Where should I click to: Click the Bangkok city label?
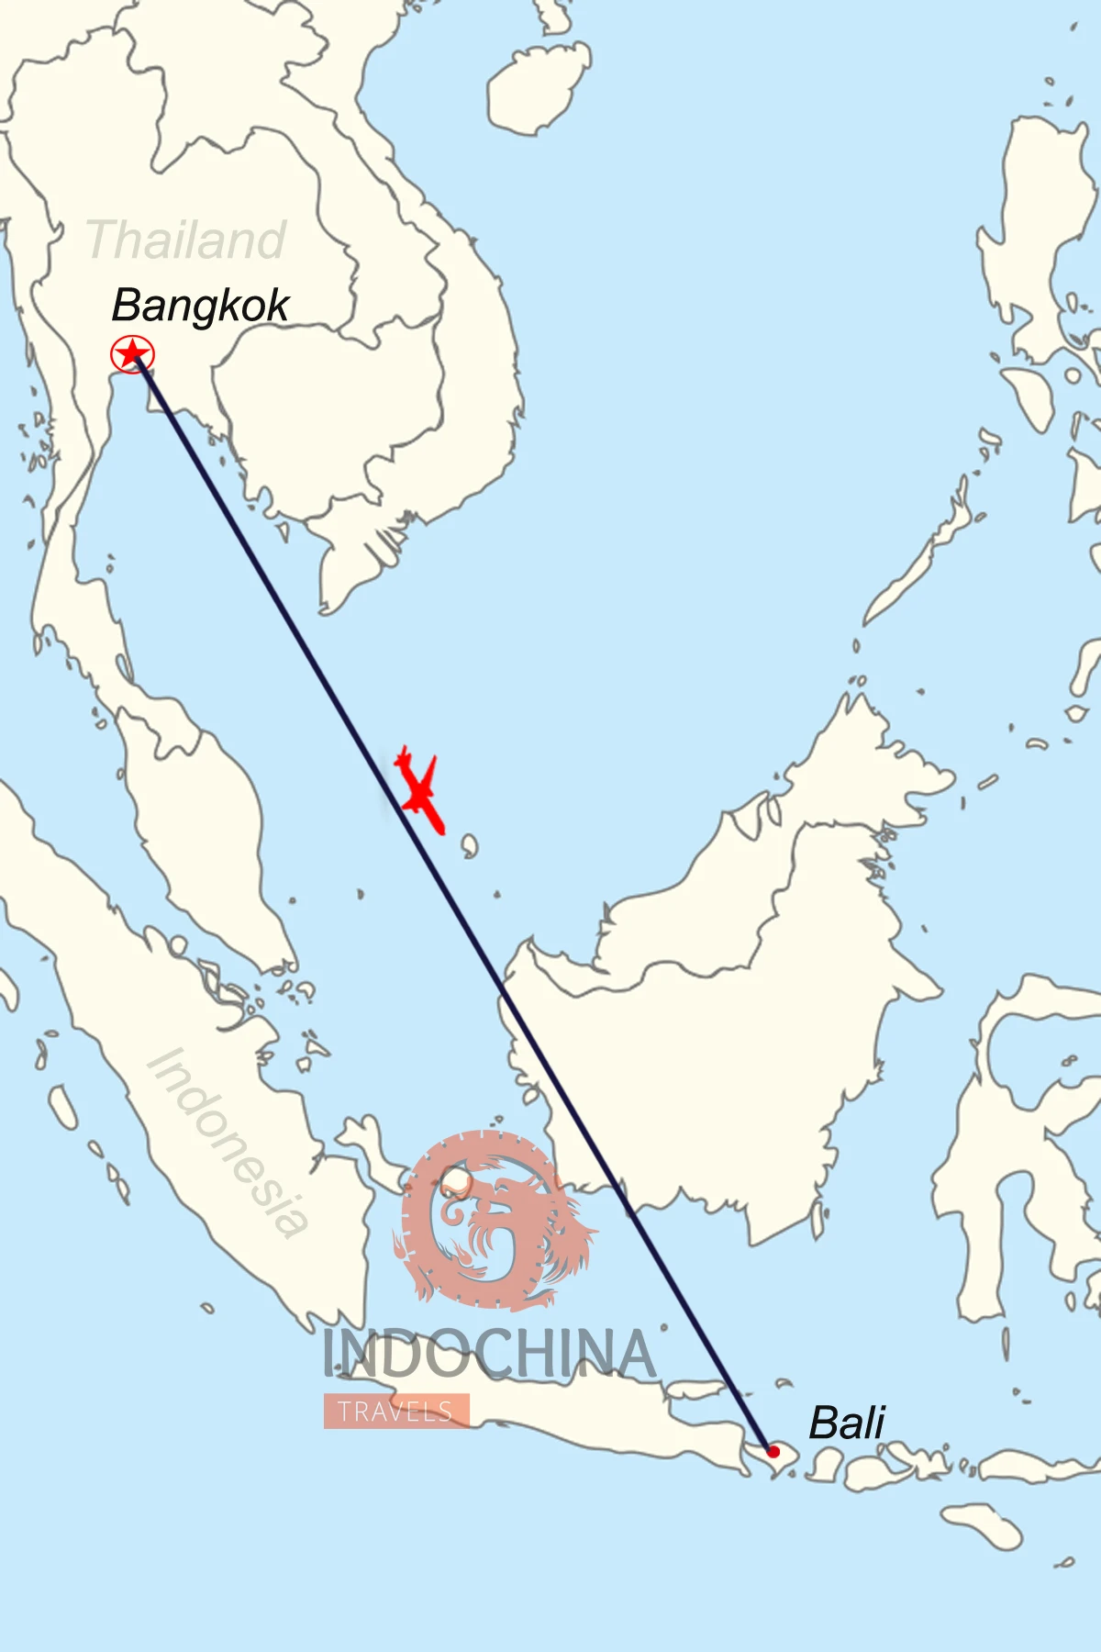pos(200,307)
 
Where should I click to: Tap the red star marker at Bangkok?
pos(132,354)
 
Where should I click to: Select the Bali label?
pos(846,1423)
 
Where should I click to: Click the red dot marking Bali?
pos(773,1452)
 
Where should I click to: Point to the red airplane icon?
pos(420,789)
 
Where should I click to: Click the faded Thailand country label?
pos(185,240)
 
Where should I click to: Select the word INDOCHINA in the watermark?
pos(489,1355)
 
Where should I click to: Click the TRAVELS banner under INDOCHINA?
pos(396,1412)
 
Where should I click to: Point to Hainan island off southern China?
pos(537,87)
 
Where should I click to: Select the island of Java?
pos(587,1413)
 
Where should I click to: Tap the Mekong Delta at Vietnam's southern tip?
pos(362,560)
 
